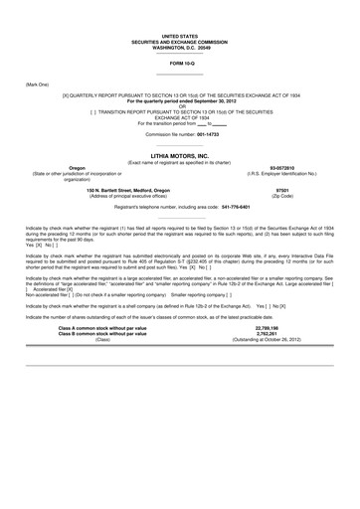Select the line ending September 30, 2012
click(x=179, y=101)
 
